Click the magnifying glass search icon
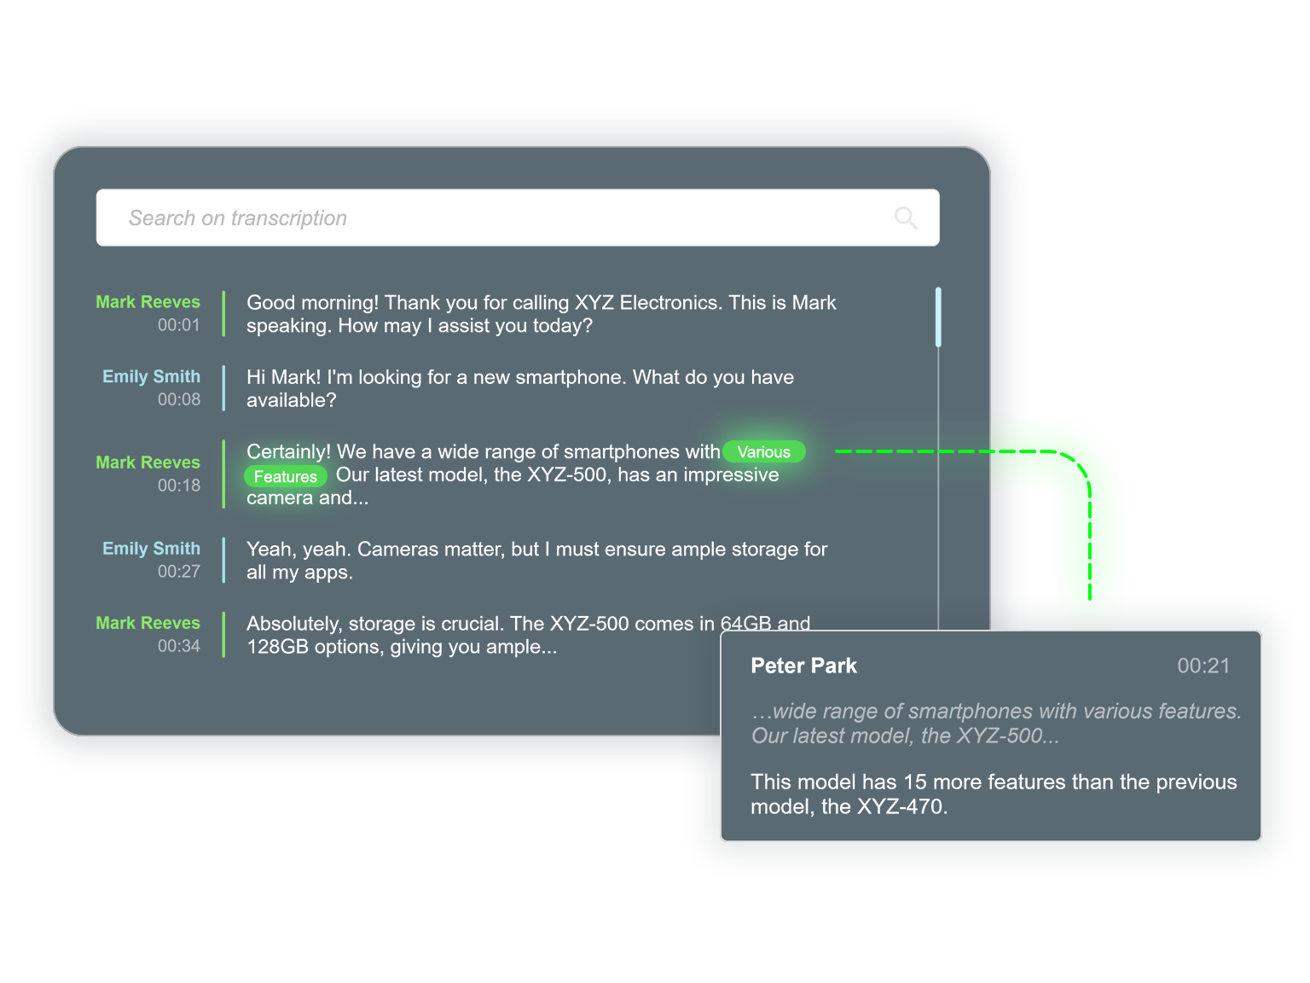906,218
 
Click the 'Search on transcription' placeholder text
238,218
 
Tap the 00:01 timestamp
178,325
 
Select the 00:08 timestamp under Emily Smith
178,399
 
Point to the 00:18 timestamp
178,486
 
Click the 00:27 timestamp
178,572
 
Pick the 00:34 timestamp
178,646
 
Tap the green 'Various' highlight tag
763,452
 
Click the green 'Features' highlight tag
286,476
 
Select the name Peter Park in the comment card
803,666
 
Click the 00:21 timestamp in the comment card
1203,666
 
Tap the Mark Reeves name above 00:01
148,302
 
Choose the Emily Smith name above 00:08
151,376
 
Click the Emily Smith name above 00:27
151,549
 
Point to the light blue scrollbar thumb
938,317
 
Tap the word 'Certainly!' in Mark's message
288,452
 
